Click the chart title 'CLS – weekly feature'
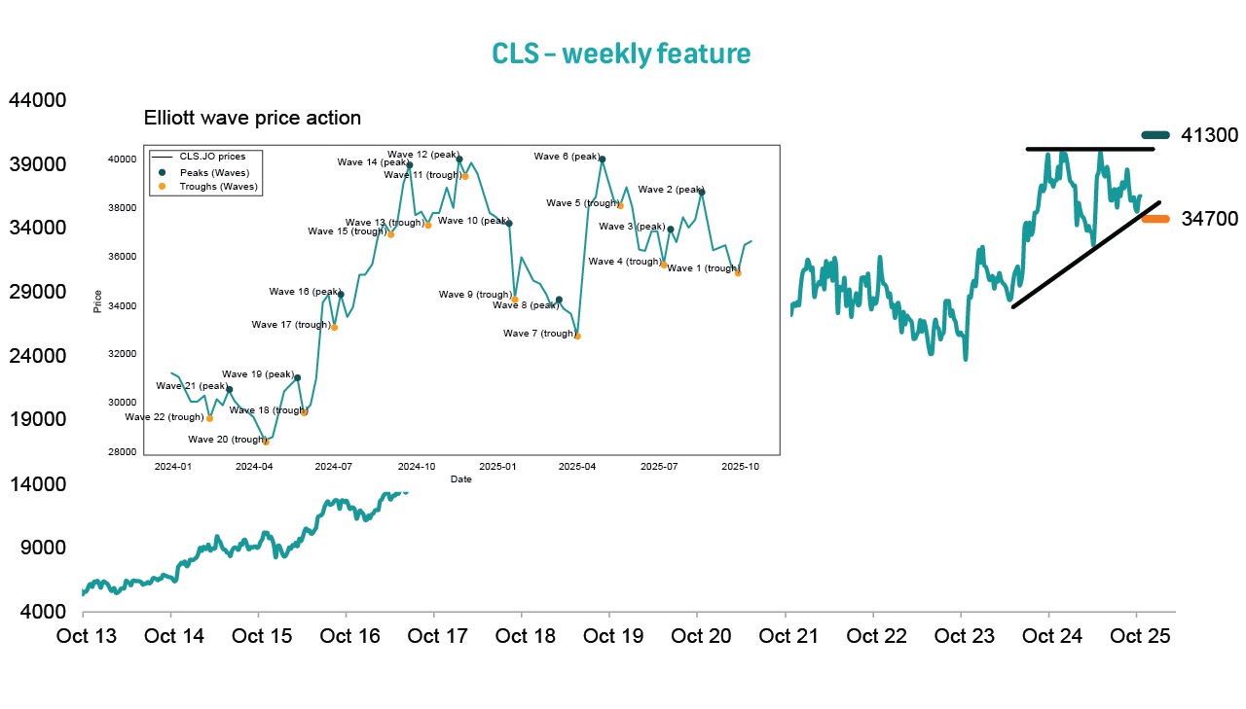[621, 53]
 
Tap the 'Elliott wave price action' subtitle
[252, 119]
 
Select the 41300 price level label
[1209, 135]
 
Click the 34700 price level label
[1209, 219]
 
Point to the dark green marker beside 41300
[1155, 135]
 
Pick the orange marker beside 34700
[1155, 219]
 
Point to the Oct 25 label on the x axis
[1139, 637]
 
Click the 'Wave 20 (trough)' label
[226, 440]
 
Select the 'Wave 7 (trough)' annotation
[538, 334]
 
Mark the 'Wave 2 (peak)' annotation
[670, 190]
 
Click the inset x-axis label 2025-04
[577, 467]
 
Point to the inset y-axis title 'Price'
[97, 301]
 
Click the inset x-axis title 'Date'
[461, 479]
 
